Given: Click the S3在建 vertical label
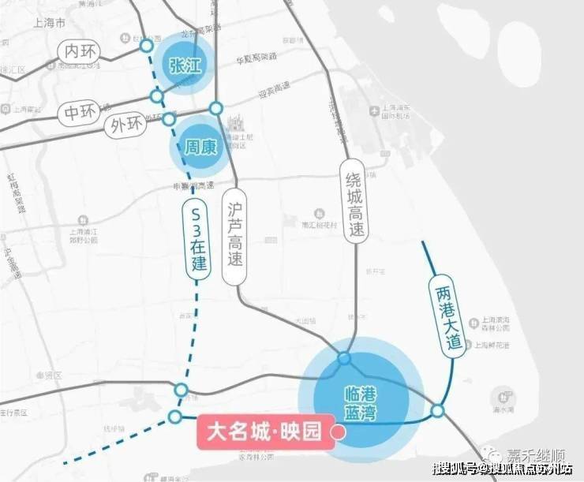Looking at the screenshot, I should pos(197,237).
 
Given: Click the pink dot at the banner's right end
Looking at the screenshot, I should pos(339,432).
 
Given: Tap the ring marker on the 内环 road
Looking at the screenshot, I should pos(146,47).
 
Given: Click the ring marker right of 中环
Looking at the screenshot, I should pos(157,96).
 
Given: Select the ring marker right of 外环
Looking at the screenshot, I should pos(168,119).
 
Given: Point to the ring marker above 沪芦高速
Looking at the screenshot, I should pos(215,108).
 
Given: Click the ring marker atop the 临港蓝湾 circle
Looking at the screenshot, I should pos(344,359).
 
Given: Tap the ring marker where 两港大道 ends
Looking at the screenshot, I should pos(437,411).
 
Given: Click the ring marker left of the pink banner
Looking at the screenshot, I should pos(175,417).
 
